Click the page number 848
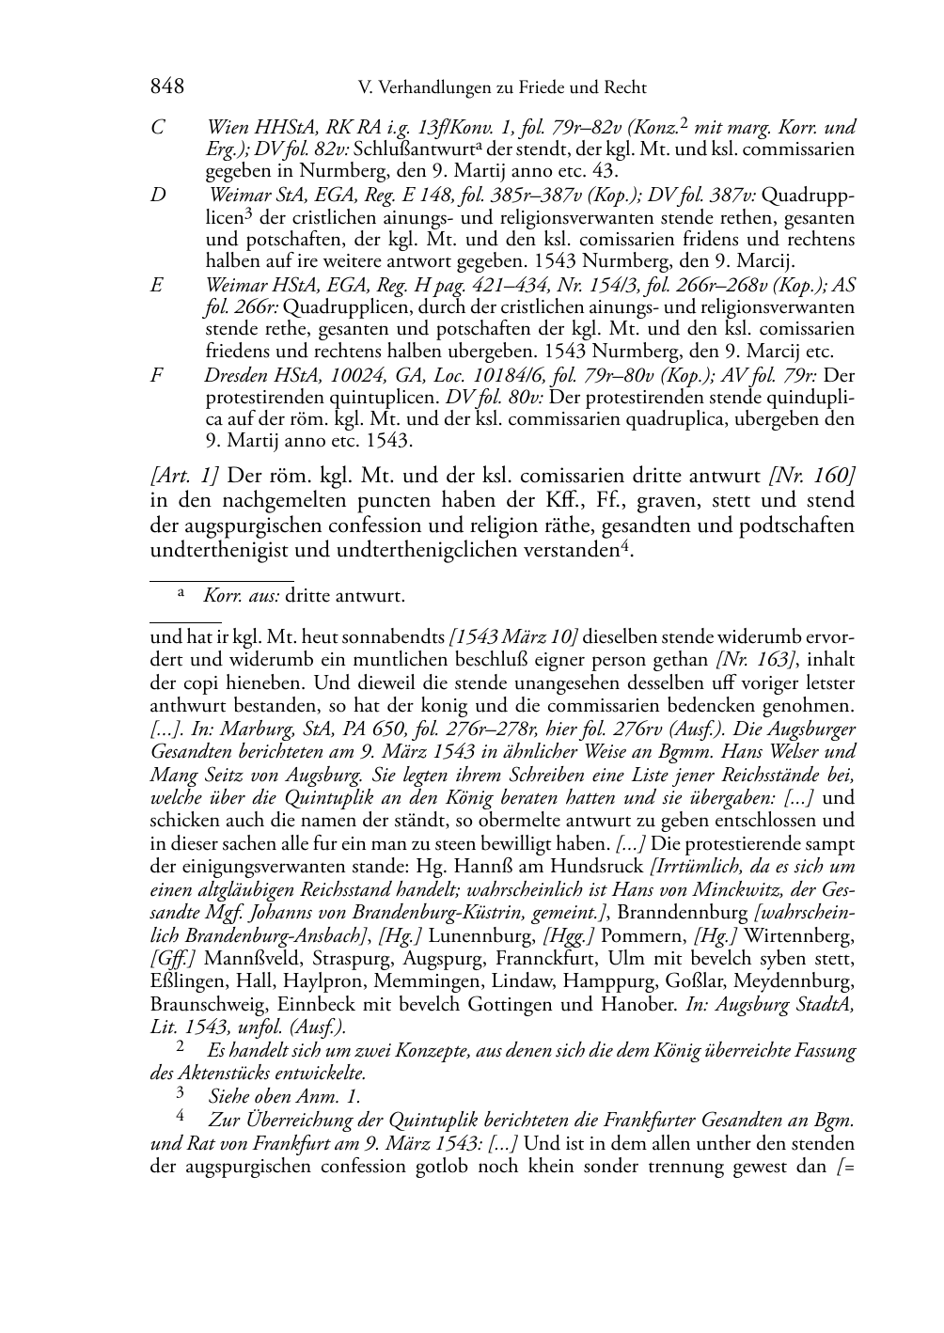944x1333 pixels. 166,87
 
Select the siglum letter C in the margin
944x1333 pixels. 158,128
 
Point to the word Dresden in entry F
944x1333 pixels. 235,374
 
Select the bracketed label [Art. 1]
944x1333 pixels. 184,475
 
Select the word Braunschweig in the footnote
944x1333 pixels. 204,1005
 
